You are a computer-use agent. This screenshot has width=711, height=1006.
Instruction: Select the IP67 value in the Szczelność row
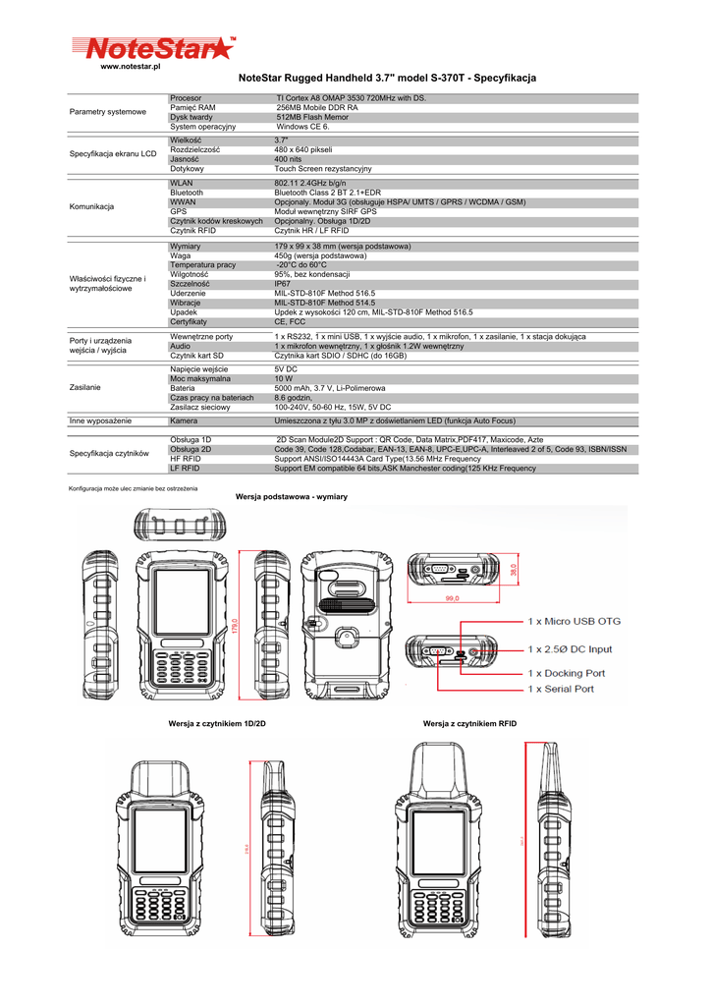tap(283, 284)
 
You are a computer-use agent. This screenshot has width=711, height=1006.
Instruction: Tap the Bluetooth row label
tap(187, 194)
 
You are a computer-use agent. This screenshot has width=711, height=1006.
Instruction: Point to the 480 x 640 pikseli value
tap(304, 149)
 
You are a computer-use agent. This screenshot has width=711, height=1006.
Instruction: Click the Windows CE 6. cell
tap(303, 127)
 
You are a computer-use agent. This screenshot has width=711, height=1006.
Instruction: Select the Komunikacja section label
tap(91, 207)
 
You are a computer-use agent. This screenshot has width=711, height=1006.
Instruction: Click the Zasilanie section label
tap(86, 388)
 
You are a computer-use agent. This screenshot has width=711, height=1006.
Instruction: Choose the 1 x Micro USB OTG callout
tap(574, 622)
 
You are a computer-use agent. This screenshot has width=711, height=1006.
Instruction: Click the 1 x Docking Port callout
tap(567, 674)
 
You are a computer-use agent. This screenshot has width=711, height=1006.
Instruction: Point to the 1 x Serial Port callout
tap(561, 689)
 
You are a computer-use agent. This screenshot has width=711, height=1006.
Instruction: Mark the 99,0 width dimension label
tap(453, 597)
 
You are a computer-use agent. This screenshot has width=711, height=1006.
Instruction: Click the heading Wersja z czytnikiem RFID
tap(469, 724)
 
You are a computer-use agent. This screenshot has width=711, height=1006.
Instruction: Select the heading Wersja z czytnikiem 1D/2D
tap(217, 724)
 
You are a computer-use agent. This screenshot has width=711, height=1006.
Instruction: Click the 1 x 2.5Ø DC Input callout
tap(570, 648)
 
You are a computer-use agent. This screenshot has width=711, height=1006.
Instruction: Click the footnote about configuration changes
tap(133, 488)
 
